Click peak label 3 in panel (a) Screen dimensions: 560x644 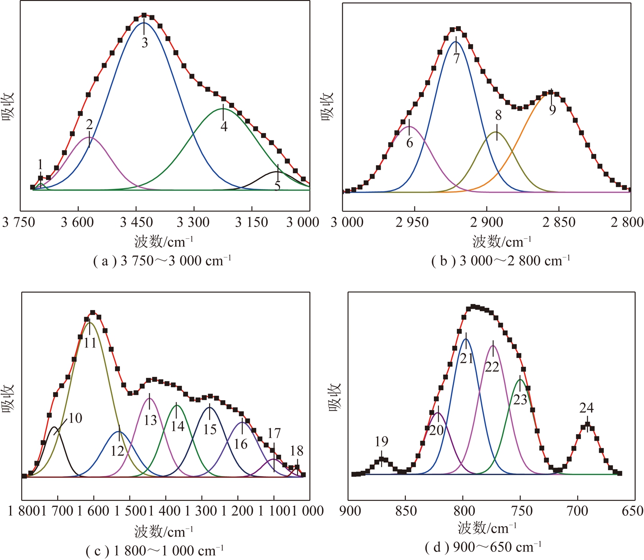[x=144, y=43]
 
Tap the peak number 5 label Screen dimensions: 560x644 [x=277, y=185]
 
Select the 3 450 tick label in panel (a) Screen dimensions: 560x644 [x=137, y=222]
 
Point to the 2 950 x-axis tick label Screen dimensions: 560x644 [x=412, y=222]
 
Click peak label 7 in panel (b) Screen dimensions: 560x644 [x=456, y=59]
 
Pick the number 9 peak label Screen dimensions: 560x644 [x=552, y=110]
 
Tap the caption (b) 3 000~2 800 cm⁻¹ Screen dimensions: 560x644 [x=501, y=261]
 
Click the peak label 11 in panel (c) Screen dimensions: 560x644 [x=90, y=343]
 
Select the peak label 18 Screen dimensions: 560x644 [x=296, y=451]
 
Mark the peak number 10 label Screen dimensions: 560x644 [x=75, y=418]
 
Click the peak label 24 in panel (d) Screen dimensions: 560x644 [x=586, y=408]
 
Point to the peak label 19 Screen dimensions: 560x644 [x=381, y=441]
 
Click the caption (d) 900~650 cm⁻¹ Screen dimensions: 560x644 [x=483, y=547]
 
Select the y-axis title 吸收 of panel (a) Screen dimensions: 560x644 [x=9, y=106]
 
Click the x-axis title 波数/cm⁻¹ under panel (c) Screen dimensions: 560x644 [x=163, y=532]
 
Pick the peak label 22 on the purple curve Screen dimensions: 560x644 [x=492, y=367]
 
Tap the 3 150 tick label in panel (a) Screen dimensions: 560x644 [x=251, y=222]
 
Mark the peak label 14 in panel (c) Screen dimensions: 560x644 [x=177, y=426]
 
